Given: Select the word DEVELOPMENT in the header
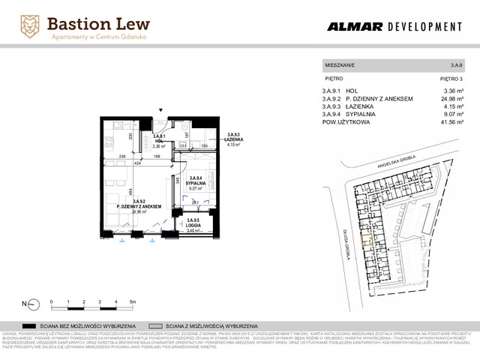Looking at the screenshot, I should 424,27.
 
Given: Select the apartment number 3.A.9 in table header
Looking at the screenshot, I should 454,66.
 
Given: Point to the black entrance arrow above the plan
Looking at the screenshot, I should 159,112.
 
